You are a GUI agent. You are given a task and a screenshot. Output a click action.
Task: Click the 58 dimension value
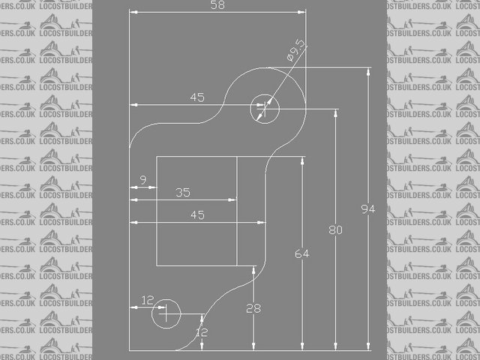click(x=218, y=5)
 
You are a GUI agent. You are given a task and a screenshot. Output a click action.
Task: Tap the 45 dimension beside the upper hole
click(x=197, y=97)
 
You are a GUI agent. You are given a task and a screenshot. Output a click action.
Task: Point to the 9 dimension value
click(x=142, y=180)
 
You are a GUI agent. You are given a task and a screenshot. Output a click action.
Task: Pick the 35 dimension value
click(x=183, y=192)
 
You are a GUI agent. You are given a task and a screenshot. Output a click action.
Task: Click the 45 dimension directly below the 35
click(x=197, y=215)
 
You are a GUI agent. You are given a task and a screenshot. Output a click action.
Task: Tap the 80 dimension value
click(x=335, y=230)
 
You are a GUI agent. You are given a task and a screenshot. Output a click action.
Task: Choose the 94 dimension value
click(x=368, y=208)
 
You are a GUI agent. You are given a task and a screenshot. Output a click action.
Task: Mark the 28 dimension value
click(x=253, y=308)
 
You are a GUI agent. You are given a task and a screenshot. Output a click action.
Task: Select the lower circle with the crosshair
click(x=166, y=312)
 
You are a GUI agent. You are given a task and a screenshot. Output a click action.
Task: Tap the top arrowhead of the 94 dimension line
click(x=368, y=71)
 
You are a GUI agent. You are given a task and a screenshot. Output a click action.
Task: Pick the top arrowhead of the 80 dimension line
click(x=335, y=112)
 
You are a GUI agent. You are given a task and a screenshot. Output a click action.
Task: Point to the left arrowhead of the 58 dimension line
click(x=133, y=12)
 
